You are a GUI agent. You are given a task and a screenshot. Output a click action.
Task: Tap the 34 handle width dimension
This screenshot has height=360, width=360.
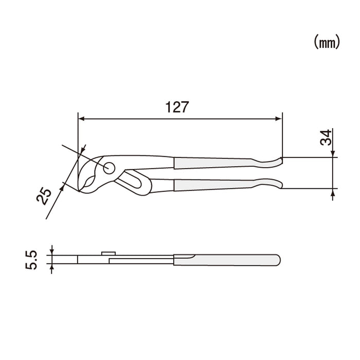pos(326,137)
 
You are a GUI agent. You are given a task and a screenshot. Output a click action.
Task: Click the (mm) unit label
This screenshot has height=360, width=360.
pos(327,43)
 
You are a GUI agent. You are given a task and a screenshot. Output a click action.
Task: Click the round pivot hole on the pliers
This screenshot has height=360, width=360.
pos(109,168)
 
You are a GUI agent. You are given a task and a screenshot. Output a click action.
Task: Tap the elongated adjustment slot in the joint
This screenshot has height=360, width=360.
pos(132,181)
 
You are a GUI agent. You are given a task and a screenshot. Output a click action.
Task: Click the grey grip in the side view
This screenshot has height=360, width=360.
pos(226,259)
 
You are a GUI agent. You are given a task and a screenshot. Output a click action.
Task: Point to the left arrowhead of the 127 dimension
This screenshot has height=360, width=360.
pos(81,119)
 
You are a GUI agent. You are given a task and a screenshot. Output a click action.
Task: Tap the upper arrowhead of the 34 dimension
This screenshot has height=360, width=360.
pos(334,154)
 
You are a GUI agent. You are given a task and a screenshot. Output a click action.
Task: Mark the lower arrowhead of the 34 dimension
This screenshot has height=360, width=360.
pos(334,192)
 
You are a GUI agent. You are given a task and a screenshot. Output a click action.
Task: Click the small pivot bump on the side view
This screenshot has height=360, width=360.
pos(108,253)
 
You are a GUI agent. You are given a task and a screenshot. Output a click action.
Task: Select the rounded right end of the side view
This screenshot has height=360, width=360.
pos(278,260)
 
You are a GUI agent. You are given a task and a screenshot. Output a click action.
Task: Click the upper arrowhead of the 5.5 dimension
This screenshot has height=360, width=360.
pos(52,252)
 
